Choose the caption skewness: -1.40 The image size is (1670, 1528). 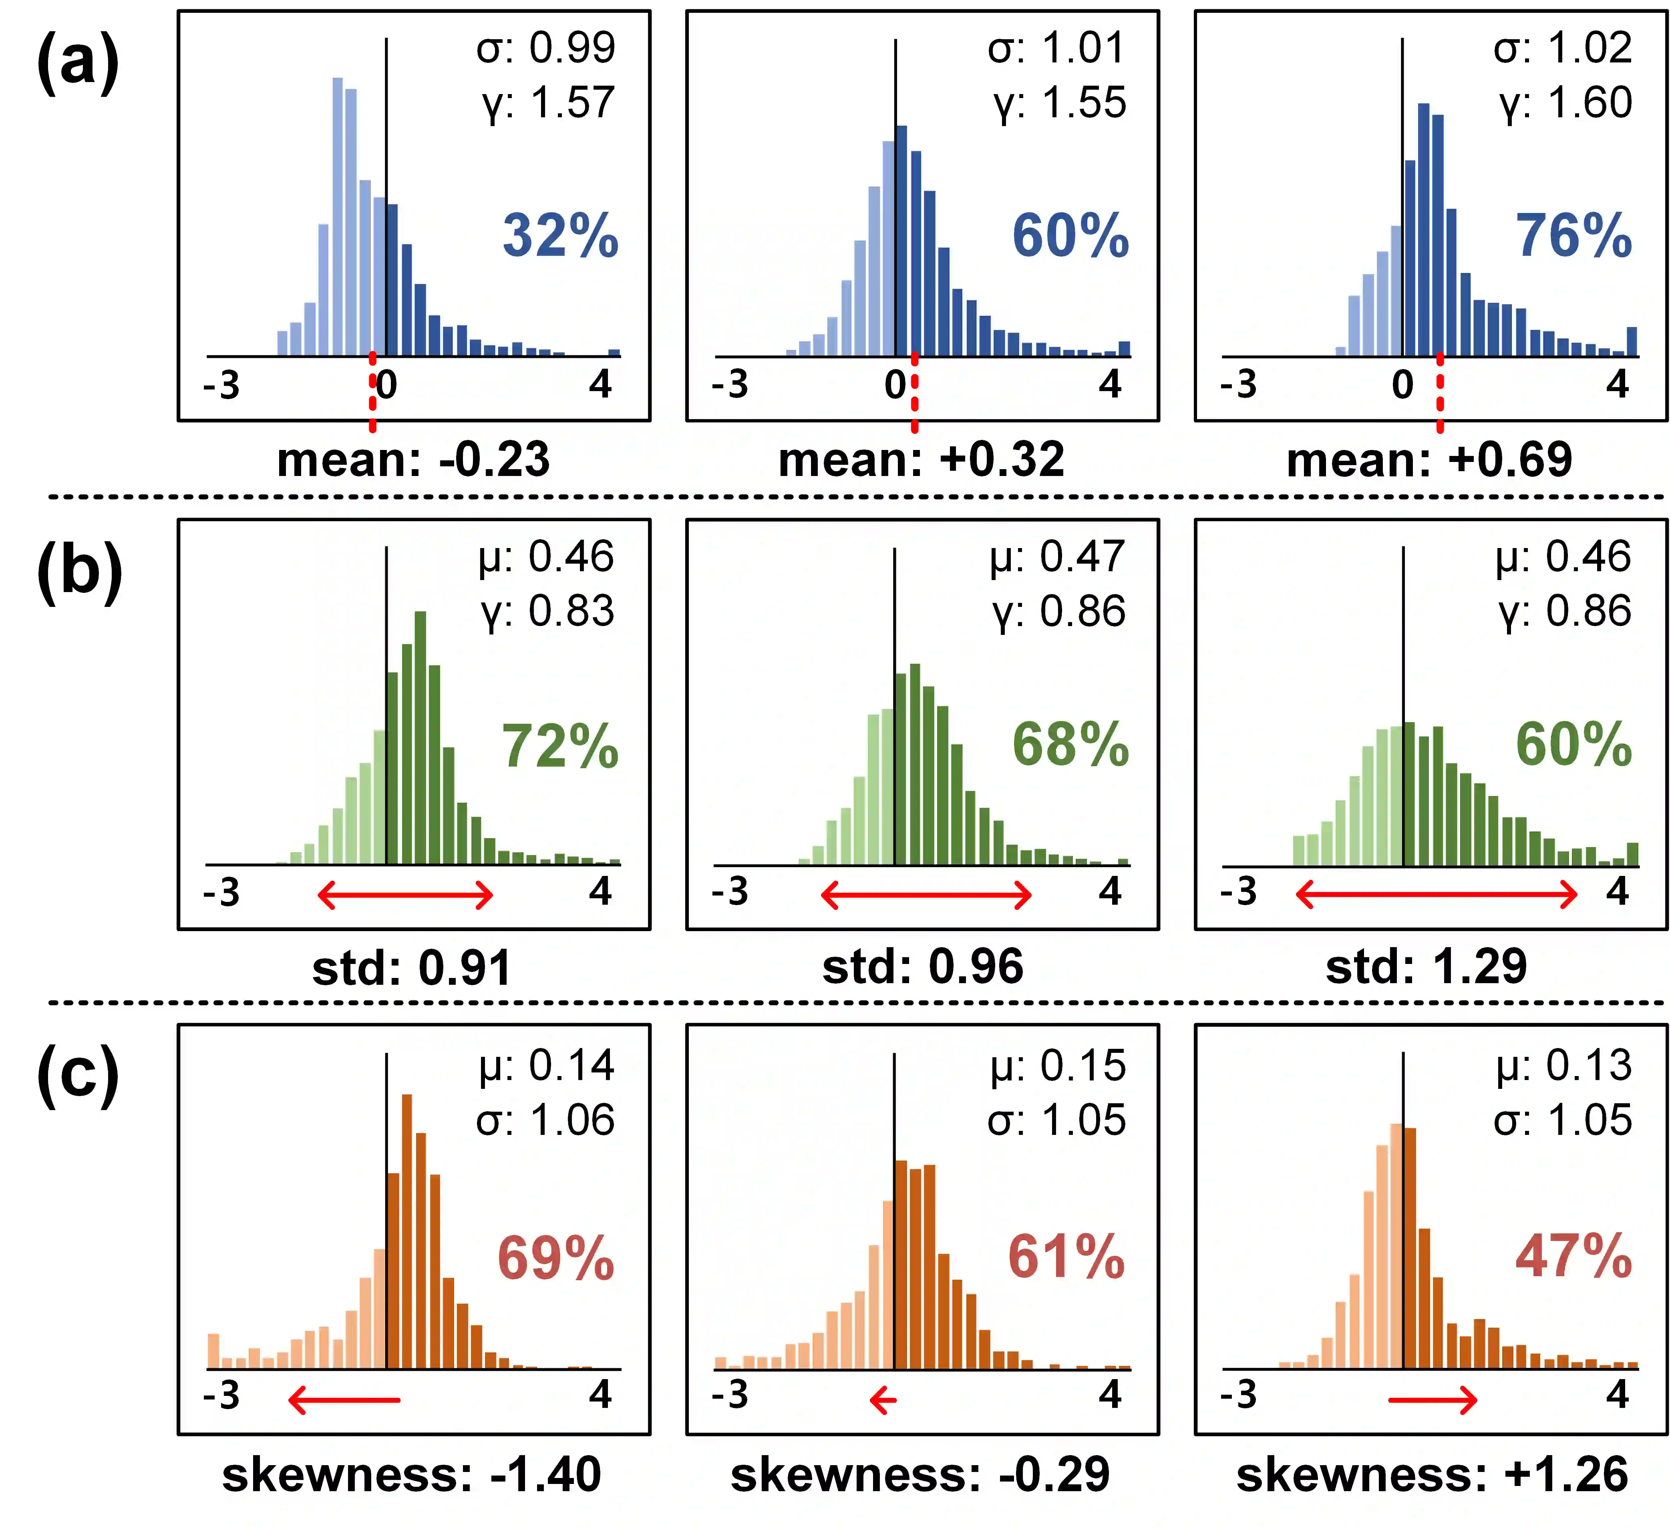point(412,1475)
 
